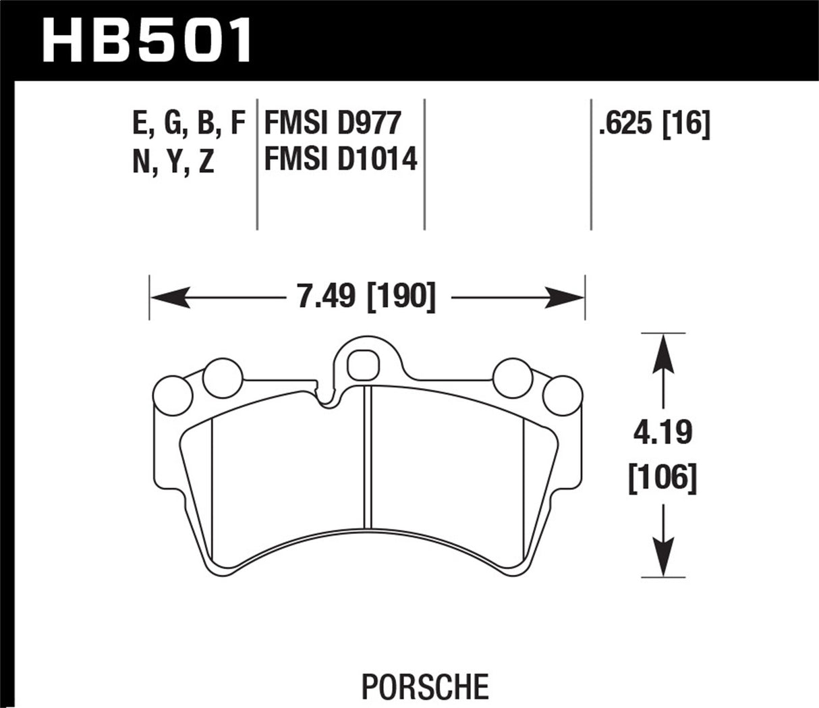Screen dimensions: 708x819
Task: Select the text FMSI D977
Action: (x=333, y=124)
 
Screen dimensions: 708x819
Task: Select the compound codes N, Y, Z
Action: (x=173, y=162)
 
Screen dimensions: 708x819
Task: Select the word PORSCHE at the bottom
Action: (x=425, y=686)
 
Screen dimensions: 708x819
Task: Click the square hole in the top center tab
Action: (x=359, y=365)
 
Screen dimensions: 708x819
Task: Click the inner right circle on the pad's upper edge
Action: (x=512, y=375)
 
